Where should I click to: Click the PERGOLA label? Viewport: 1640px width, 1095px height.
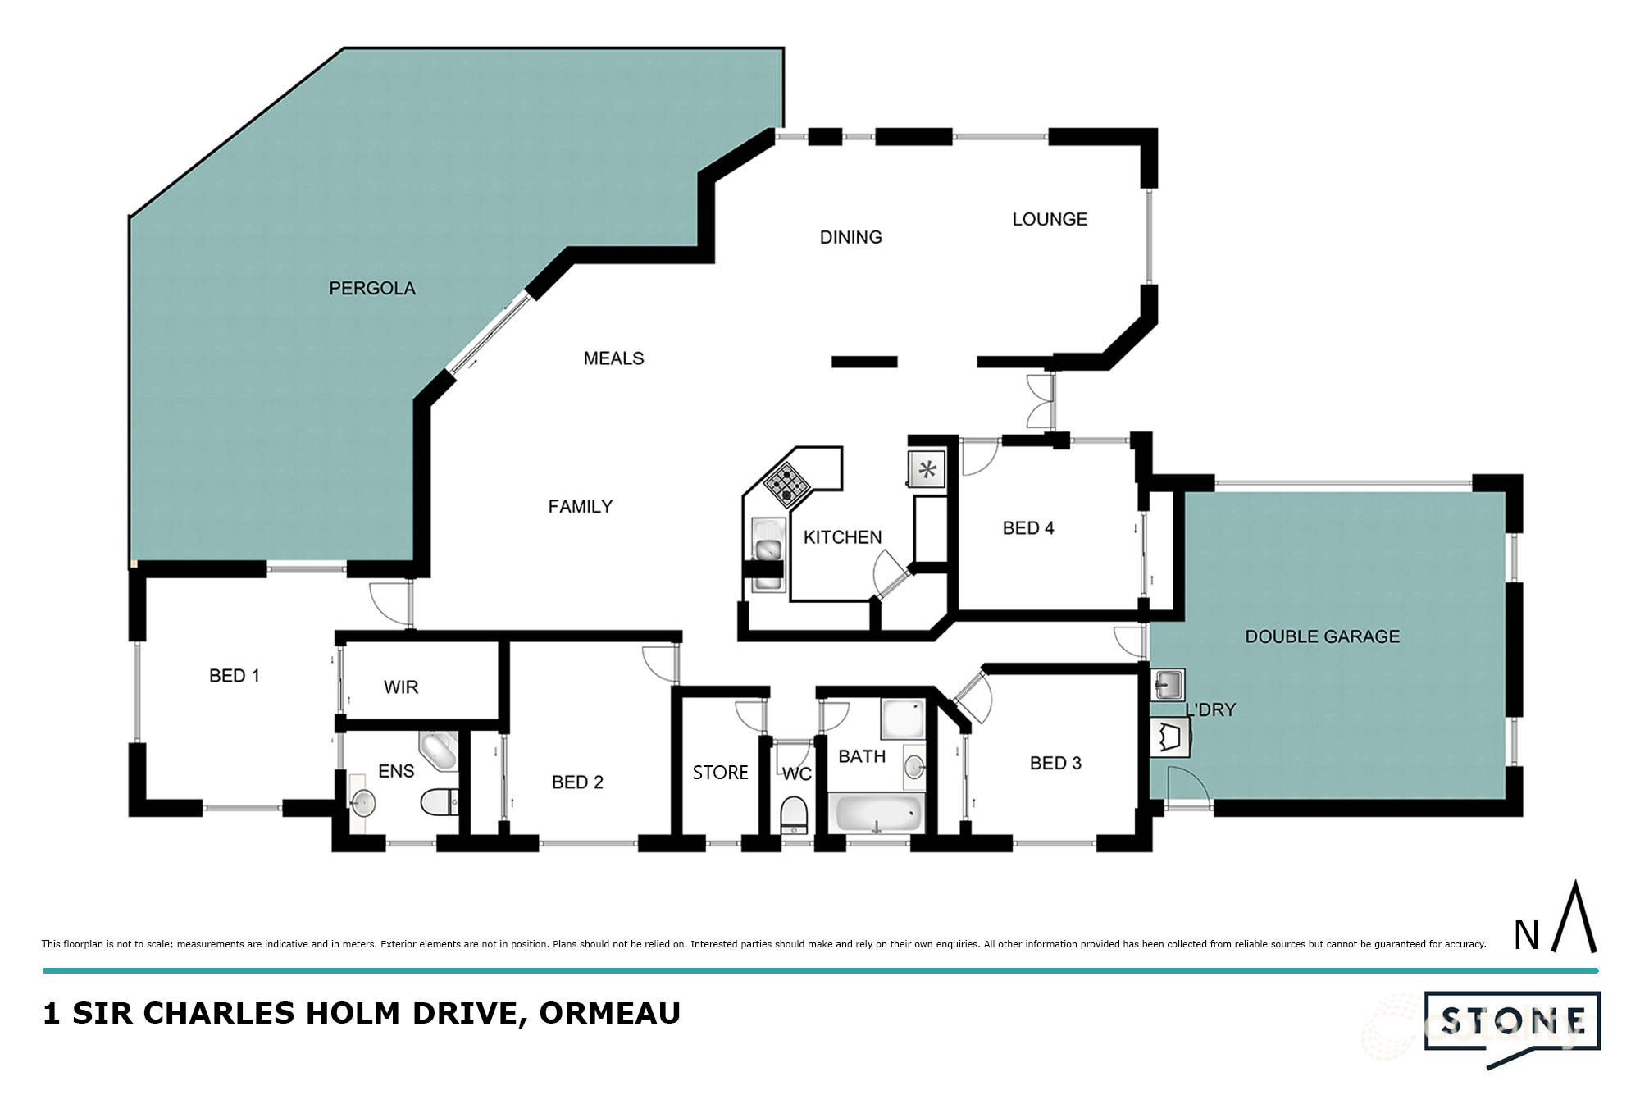point(371,288)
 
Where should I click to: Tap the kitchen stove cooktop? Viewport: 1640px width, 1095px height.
point(786,484)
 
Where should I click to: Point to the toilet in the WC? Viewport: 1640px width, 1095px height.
point(793,814)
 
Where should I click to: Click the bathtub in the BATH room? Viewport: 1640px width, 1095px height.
point(876,814)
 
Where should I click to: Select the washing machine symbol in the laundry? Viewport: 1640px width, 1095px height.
point(1171,737)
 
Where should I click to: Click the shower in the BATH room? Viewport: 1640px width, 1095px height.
point(902,719)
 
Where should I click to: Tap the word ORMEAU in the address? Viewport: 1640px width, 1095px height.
point(609,1013)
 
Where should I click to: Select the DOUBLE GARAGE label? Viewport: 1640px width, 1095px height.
point(1322,636)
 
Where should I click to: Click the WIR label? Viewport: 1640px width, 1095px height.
point(401,687)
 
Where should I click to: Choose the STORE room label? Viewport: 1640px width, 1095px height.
point(720,773)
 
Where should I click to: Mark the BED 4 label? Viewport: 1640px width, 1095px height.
point(1028,528)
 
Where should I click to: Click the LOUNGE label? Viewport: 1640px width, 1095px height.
point(1050,219)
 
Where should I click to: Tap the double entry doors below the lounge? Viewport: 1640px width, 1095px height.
point(1041,401)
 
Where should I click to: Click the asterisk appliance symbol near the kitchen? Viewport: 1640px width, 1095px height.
point(927,470)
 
